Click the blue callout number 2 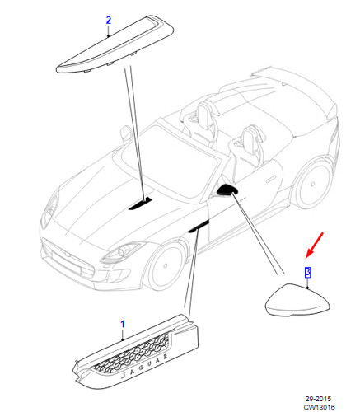coord(109,21)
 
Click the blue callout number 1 coord(123,324)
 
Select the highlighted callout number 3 coord(308,272)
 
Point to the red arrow coord(315,246)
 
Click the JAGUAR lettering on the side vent coord(144,366)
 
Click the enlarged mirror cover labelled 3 coord(297,299)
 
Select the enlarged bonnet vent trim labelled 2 coord(115,44)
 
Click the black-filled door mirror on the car coord(227,190)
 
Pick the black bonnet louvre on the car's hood coord(141,203)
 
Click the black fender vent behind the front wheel coord(199,227)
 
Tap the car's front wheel coord(166,265)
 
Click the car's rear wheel coord(312,184)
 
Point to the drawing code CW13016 coord(319,406)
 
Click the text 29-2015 coord(318,398)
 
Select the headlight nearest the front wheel coord(122,253)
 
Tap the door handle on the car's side coord(271,180)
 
